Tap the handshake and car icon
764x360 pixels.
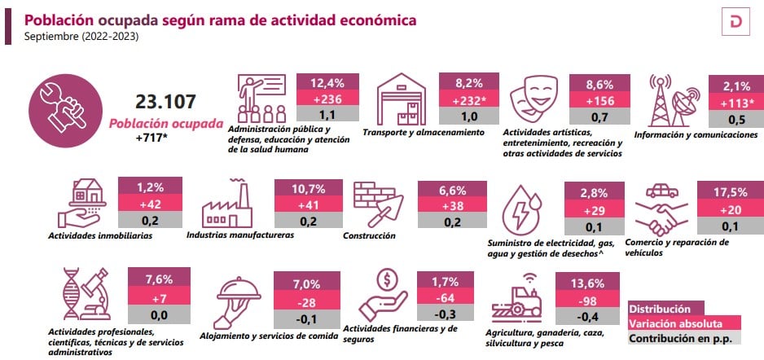[661, 209]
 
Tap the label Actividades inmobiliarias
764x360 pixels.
[100, 236]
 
